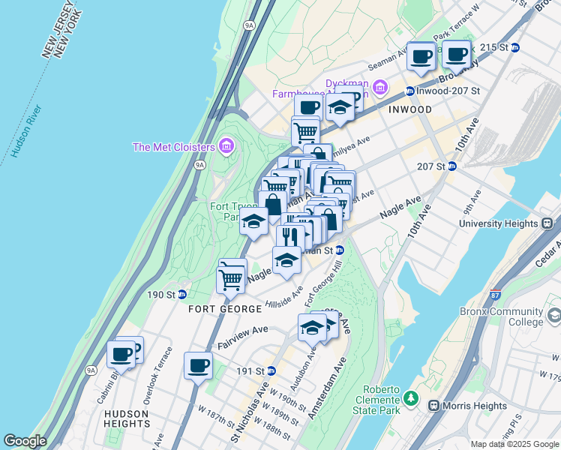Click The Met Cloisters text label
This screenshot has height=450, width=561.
(174, 147)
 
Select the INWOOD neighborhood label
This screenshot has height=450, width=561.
(410, 109)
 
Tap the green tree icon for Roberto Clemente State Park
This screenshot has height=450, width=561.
(410, 397)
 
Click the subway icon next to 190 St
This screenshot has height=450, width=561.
(182, 294)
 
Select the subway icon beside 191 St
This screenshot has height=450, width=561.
(271, 370)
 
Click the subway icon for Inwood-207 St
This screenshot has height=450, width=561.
(410, 91)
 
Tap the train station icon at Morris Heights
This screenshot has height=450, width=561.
(433, 406)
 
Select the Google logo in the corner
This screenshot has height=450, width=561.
(25, 441)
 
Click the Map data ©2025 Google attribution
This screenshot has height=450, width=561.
(514, 444)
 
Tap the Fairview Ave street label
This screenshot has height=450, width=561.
(242, 336)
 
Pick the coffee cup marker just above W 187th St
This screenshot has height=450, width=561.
(198, 366)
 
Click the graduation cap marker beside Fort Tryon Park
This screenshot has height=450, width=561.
(253, 222)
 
